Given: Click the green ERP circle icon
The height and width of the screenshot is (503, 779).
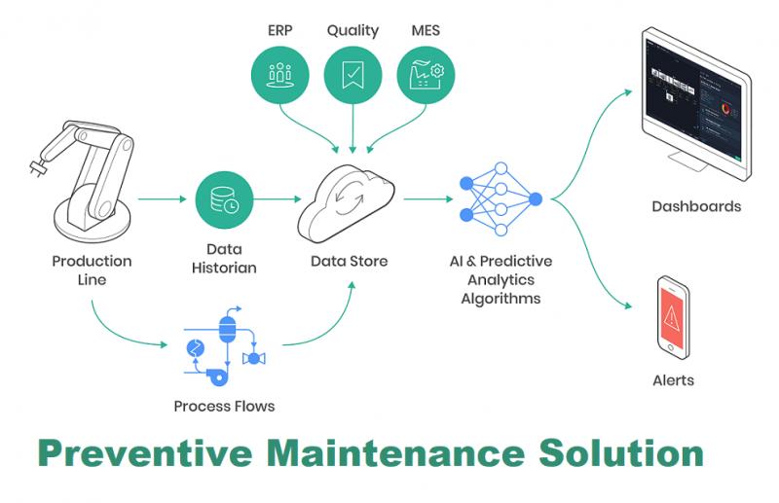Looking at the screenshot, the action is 279,75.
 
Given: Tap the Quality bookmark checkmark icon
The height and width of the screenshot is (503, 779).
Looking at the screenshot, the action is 352,75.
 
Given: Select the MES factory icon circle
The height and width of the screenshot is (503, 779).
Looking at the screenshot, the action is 426,75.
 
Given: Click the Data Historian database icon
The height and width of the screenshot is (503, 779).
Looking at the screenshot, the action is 224,199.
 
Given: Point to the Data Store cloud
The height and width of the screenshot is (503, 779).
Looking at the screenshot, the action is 346,202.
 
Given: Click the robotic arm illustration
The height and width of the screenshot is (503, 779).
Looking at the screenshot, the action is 85,180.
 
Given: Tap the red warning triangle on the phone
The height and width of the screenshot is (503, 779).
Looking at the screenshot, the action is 671,316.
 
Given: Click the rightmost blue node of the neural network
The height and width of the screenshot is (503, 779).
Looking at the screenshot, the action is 535,199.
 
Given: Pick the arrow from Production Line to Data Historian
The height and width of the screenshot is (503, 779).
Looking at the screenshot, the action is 162,199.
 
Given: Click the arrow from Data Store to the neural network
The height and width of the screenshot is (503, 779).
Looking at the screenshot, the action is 428,199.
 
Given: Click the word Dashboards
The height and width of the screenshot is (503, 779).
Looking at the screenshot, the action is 696,206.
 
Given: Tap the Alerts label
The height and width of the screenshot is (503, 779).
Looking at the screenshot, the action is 673,380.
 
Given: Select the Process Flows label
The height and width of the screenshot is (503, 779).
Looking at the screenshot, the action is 224,406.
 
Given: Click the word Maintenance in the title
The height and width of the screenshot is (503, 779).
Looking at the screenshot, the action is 395,452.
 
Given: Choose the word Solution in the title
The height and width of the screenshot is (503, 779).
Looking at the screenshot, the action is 621,452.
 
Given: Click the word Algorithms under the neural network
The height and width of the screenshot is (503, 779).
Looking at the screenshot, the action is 501,299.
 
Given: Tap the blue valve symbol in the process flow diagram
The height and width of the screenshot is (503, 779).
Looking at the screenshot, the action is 254,358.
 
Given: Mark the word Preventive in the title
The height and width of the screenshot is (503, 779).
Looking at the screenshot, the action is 144,452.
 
